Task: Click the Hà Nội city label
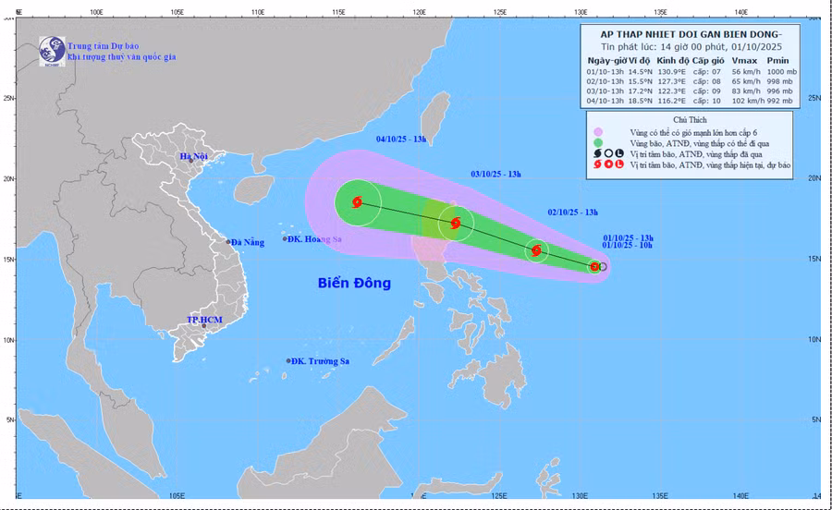195,157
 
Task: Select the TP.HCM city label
207,321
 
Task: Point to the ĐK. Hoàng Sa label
314,239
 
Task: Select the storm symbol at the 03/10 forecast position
455,223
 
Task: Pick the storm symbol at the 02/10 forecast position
536,250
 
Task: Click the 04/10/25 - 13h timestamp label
401,140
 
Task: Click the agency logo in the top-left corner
52,52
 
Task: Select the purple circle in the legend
598,132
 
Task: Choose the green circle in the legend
598,143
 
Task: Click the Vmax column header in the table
743,59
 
